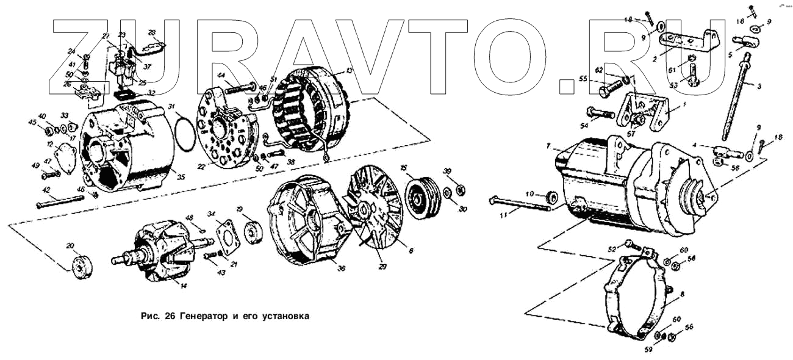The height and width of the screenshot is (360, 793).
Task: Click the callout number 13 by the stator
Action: [x=349, y=71]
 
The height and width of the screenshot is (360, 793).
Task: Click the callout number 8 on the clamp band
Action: [x=682, y=295]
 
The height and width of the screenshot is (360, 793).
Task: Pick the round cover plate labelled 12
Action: [x=62, y=157]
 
